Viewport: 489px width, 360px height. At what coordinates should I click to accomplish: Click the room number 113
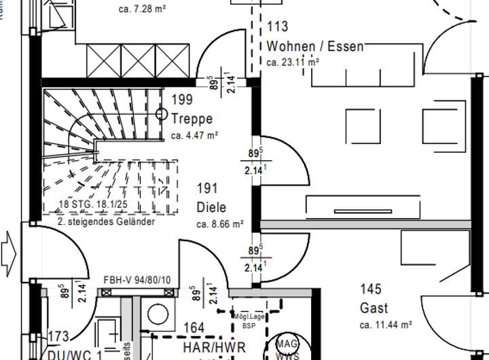point(278,27)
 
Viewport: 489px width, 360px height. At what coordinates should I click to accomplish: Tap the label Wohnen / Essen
point(315,46)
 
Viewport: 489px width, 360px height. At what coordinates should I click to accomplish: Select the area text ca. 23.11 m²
point(293,62)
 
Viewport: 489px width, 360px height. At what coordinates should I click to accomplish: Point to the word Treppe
point(192,119)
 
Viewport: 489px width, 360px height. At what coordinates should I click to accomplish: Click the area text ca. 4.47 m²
point(194,135)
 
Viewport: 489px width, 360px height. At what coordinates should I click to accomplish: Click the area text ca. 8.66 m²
point(219,223)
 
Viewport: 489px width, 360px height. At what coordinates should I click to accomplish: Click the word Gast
point(374,308)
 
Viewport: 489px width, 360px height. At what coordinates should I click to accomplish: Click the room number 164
point(194,329)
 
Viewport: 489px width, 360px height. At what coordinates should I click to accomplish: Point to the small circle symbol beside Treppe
point(162,113)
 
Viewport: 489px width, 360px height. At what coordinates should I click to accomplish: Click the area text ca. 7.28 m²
point(143,10)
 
